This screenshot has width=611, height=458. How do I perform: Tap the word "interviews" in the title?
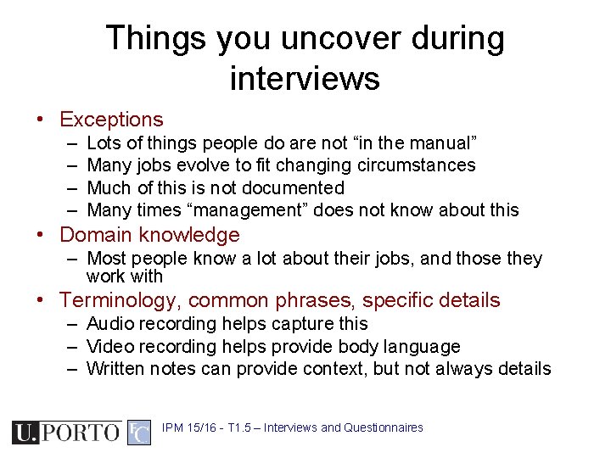tap(305, 79)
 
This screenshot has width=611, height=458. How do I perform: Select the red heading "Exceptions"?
tap(111, 120)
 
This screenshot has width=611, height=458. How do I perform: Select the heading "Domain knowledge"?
tap(149, 235)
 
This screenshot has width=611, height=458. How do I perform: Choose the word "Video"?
tap(110, 346)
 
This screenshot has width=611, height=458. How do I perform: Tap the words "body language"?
tap(412, 346)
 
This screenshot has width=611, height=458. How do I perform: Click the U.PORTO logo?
tap(65, 432)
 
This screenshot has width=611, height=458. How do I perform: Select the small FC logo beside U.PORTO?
tap(139, 432)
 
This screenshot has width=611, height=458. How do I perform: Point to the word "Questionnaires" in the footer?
tap(384, 427)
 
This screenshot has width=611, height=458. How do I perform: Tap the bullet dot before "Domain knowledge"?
tap(41, 235)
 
